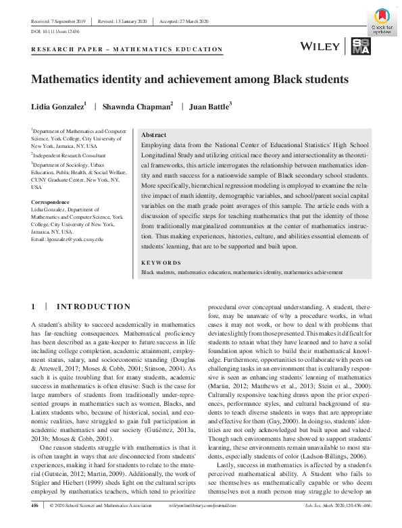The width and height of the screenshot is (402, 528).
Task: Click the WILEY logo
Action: pos(320,46)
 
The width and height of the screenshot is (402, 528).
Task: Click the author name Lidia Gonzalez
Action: pos(57,107)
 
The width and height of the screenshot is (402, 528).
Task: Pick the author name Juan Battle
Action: pos(209,107)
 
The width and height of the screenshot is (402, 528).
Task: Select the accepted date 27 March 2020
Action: pos(186,21)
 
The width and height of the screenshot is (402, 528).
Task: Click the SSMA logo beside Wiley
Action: pos(359,46)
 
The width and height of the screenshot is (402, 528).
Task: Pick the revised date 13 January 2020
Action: pos(124,21)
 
